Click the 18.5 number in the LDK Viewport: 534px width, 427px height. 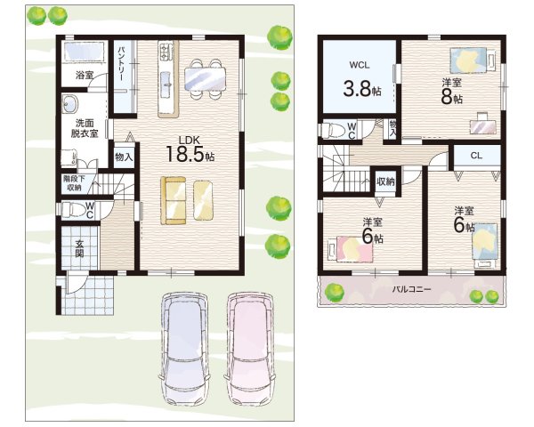pos(185,154)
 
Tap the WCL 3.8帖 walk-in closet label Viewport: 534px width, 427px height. pos(361,81)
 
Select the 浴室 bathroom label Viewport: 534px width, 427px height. pos(85,75)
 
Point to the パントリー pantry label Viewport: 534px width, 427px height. pos(121,64)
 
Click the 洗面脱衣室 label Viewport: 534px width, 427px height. pos(85,128)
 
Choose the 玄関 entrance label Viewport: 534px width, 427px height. pos(79,248)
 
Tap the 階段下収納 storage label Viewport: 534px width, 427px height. pos(74,182)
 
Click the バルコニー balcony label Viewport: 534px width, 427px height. pos(411,289)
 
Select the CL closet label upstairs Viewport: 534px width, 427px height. pos(476,156)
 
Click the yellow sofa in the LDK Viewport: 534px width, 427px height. pos(174,200)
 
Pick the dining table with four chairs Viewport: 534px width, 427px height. pos(205,79)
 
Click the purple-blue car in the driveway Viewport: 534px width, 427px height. pos(184,348)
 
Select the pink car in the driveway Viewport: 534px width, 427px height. pos(250,348)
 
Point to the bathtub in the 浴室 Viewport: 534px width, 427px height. pos(84,52)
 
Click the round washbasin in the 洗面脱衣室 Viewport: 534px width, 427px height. pos(70,103)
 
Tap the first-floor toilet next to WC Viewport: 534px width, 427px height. pos(72,209)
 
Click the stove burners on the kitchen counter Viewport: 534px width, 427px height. pos(164,51)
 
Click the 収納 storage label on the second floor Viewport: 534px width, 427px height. pos(385,181)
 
